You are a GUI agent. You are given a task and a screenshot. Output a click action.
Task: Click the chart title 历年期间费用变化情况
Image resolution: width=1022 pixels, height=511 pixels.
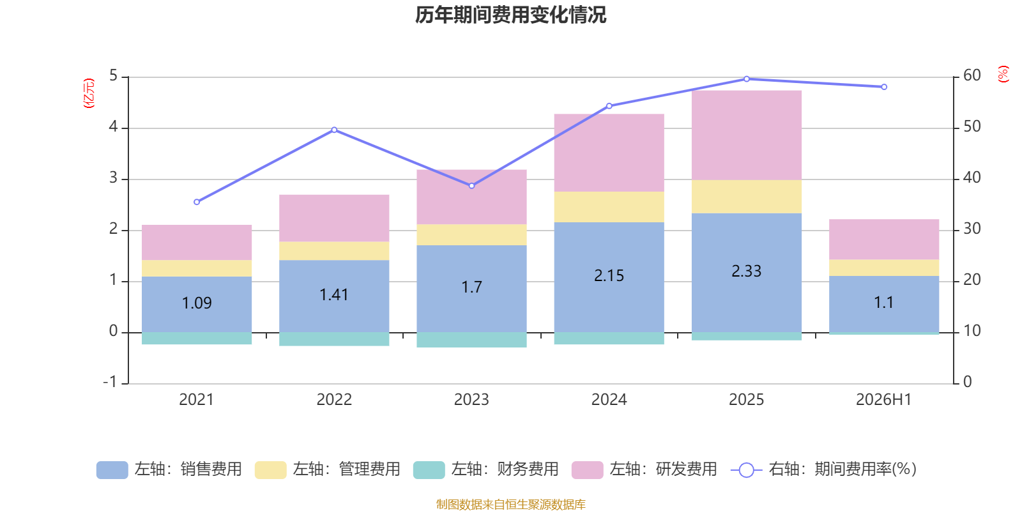pyautogui.click(x=510, y=15)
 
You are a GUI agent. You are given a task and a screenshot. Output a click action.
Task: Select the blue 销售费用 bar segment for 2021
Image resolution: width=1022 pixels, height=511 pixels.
pyautogui.click(x=197, y=304)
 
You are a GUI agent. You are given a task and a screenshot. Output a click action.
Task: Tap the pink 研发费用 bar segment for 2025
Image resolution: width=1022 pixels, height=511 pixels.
pyautogui.click(x=747, y=135)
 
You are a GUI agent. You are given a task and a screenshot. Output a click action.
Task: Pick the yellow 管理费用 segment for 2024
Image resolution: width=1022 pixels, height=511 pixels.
pyautogui.click(x=609, y=207)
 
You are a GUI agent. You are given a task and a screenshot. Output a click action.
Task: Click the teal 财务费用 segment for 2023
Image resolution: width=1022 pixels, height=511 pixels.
pyautogui.click(x=472, y=340)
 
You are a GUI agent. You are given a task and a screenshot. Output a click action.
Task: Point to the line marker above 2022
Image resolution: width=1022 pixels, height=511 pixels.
pyautogui.click(x=335, y=130)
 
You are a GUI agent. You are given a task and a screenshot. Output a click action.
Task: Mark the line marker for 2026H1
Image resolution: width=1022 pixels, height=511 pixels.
pyautogui.click(x=884, y=87)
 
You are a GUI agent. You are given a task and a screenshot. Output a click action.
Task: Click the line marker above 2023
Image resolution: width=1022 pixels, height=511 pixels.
pyautogui.click(x=472, y=186)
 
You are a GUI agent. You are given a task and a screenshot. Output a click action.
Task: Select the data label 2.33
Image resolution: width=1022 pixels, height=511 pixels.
pyautogui.click(x=747, y=271)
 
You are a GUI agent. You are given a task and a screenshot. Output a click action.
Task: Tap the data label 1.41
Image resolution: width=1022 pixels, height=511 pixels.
pyautogui.click(x=334, y=294)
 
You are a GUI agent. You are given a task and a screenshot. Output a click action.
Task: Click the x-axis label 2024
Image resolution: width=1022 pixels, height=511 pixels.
pyautogui.click(x=609, y=400)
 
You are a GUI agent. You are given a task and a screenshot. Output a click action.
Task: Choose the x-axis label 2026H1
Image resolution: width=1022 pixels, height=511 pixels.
pyautogui.click(x=884, y=400)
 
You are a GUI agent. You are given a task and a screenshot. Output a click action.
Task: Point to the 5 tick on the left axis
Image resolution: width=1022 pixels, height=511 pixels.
pyautogui.click(x=113, y=76)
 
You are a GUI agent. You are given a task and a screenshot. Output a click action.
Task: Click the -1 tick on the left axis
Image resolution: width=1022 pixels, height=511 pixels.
pyautogui.click(x=111, y=382)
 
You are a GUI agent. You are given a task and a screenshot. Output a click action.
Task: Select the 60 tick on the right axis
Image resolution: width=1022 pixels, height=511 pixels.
pyautogui.click(x=972, y=75)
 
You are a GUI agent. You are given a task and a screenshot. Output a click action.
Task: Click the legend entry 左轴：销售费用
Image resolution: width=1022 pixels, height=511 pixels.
pyautogui.click(x=169, y=469)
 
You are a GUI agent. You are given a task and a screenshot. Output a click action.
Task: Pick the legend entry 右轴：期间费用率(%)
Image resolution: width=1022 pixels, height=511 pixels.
pyautogui.click(x=823, y=469)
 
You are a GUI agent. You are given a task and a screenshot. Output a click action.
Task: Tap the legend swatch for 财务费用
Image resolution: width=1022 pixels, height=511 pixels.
pyautogui.click(x=429, y=470)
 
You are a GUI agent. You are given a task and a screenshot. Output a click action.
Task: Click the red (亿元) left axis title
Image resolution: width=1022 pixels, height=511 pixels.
pyautogui.click(x=89, y=93)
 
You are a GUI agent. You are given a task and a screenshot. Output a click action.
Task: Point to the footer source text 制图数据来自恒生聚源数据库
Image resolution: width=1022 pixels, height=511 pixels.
pyautogui.click(x=510, y=504)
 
